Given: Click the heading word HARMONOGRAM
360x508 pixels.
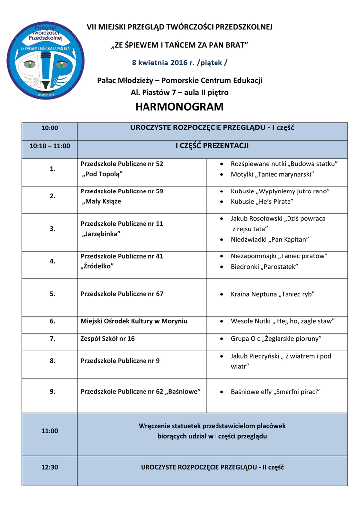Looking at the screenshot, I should point(179,107).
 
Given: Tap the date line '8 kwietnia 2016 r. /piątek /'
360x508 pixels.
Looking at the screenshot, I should point(180,63).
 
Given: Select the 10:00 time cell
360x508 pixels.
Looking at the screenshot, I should point(50,128).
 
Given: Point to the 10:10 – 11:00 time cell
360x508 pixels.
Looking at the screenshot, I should point(50,146).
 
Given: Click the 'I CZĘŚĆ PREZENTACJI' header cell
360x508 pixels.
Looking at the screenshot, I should point(212,146).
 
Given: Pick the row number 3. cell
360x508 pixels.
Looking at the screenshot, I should point(52,229).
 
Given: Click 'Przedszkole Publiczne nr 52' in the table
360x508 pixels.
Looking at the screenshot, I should point(122,164).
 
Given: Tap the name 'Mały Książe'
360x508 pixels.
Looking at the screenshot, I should point(101,201).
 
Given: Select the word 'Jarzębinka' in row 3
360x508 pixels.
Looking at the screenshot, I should point(101,234).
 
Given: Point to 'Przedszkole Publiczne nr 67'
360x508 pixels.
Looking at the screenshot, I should point(122,294).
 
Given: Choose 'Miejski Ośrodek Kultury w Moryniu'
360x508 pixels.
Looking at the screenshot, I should point(134,321).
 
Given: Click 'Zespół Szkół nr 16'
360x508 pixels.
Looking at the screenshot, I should point(107,339).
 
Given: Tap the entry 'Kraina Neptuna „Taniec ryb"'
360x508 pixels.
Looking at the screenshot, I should point(273,294).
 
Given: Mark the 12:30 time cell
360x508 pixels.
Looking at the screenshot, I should point(50,467).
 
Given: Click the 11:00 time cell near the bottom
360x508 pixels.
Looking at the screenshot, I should point(50,431).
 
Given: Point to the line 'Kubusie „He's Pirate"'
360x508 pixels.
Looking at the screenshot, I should point(262,201).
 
